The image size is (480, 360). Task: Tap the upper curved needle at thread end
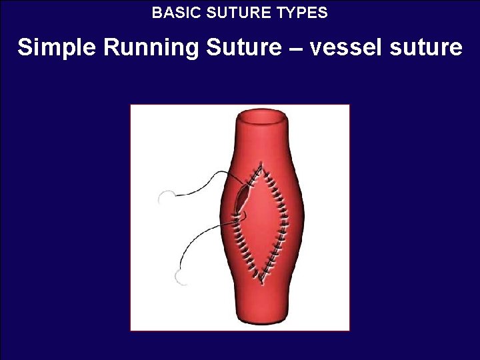point(165,197)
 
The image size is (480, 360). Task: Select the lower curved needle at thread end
point(178,277)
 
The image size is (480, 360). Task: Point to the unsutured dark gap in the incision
point(241,198)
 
